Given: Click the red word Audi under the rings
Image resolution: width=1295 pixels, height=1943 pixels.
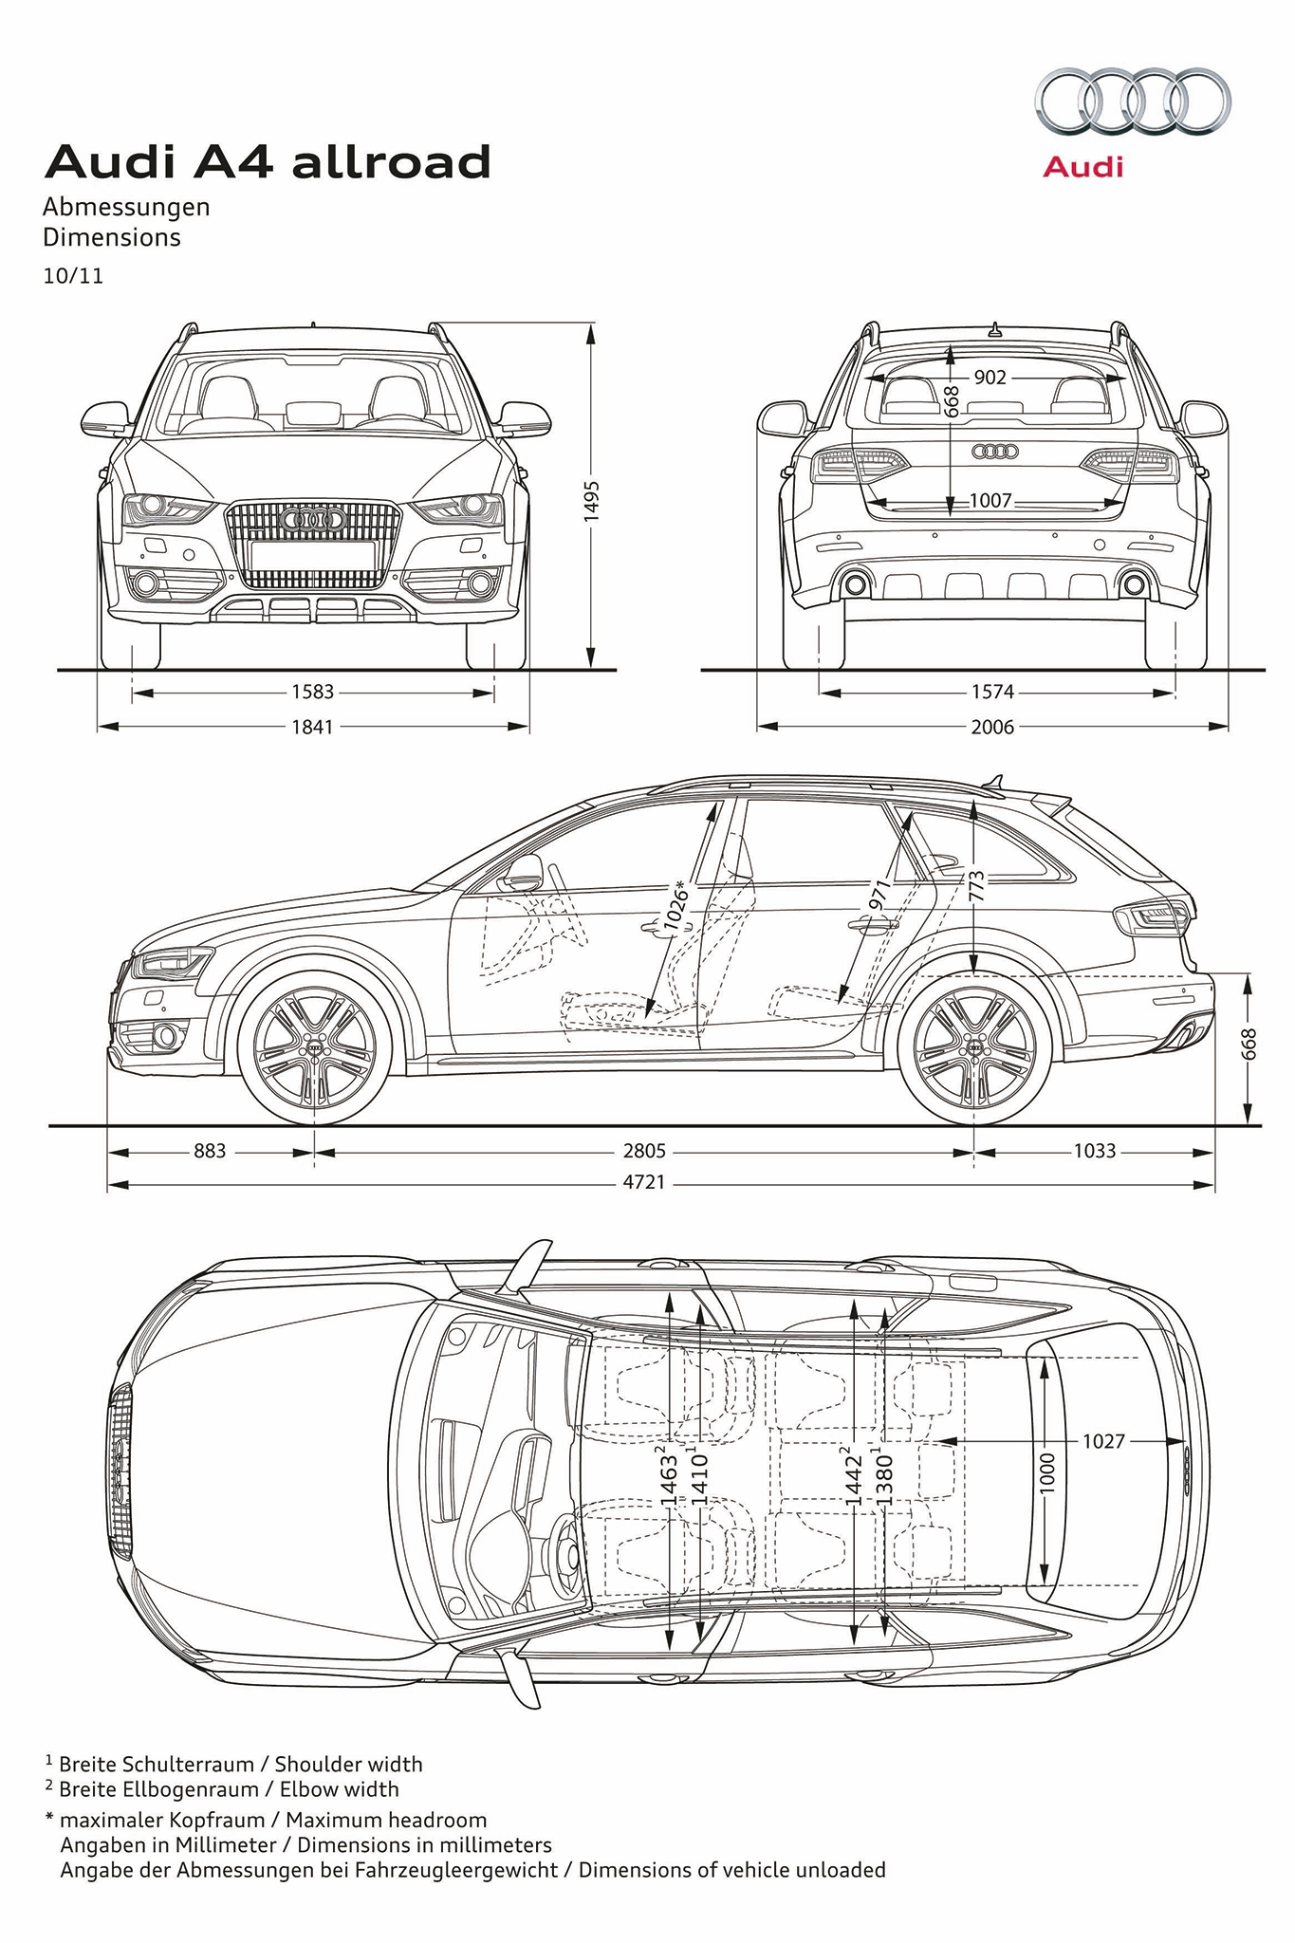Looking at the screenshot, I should pyautogui.click(x=1082, y=168).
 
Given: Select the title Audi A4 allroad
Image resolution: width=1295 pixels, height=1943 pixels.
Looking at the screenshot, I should pyautogui.click(x=268, y=162).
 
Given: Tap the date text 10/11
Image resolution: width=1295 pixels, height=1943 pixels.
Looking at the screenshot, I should pyautogui.click(x=73, y=276).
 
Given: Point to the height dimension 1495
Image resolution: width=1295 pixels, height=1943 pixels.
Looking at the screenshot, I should pyautogui.click(x=591, y=498).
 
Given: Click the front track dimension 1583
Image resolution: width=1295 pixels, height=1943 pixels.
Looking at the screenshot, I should pyautogui.click(x=312, y=693).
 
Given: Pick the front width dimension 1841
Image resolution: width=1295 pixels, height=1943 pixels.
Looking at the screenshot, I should pyautogui.click(x=312, y=727).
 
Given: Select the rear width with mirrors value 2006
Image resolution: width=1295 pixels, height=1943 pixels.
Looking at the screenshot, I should pyautogui.click(x=992, y=727).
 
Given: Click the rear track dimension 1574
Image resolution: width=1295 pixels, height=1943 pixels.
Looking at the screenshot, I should pyautogui.click(x=992, y=693).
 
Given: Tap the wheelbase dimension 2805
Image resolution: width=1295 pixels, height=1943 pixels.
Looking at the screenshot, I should pyautogui.click(x=644, y=1151).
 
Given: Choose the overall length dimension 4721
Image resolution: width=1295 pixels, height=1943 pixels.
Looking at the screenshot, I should pyautogui.click(x=644, y=1183).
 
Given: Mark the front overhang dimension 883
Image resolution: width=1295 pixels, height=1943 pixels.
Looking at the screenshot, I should pyautogui.click(x=210, y=1151).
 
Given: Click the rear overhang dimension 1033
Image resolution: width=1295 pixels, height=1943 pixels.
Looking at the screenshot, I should pyautogui.click(x=1094, y=1151).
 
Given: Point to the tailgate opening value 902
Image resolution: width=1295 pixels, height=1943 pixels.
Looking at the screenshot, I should pyautogui.click(x=990, y=378).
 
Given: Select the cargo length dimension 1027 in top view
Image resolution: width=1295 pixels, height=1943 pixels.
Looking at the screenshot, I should pyautogui.click(x=1103, y=1441).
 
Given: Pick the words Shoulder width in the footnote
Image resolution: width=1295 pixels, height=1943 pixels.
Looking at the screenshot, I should pyautogui.click(x=348, y=1764).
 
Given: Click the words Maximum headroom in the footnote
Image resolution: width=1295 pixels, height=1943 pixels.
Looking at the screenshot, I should pyautogui.click(x=386, y=1820).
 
